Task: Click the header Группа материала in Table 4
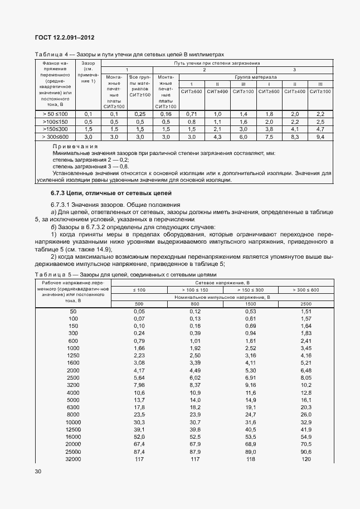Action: [256, 77]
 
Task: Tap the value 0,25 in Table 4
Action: [140, 114]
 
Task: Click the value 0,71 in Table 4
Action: [192, 114]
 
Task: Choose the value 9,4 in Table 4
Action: [320, 136]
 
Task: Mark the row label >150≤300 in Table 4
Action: [55, 129]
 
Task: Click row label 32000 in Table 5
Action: [73, 459]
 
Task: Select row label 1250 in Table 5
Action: [73, 355]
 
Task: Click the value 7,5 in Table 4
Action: [269, 136]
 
